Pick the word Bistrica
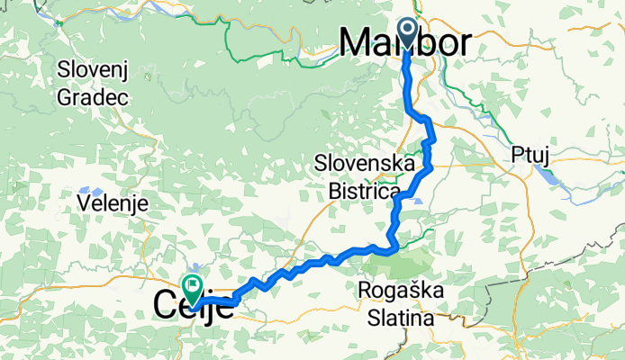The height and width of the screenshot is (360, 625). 363,191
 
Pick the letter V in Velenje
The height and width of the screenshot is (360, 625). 84,203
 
